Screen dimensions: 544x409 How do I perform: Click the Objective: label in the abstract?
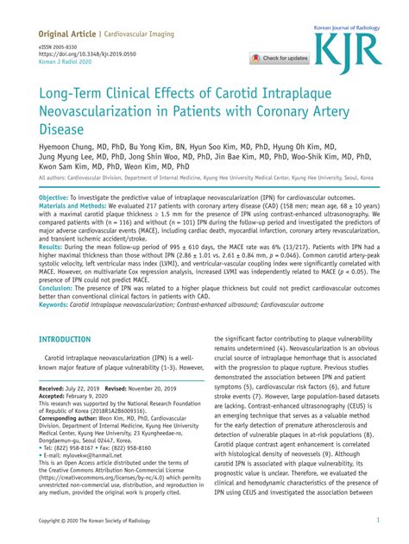pyautogui.click(x=58, y=197)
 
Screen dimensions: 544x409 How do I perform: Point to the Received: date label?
pyautogui.click(x=57, y=390)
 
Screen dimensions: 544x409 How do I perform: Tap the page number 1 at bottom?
pyautogui.click(x=379, y=521)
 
